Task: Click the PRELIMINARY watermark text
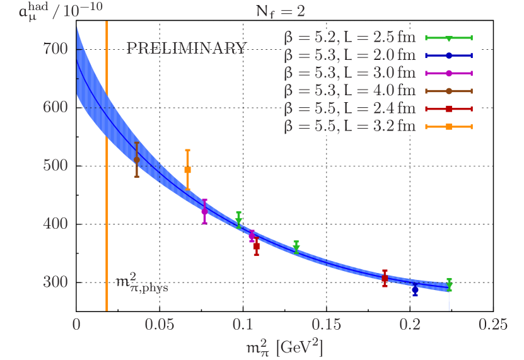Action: click(187, 48)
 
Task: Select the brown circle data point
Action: click(137, 160)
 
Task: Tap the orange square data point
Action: click(187, 170)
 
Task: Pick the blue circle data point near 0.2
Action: click(415, 288)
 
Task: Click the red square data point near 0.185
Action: click(385, 278)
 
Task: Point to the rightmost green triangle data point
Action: click(449, 286)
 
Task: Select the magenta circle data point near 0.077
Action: click(204, 212)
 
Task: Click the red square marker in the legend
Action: click(448, 109)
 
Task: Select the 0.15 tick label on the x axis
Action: click(325, 325)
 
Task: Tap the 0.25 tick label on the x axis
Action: click(492, 325)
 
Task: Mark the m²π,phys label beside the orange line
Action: click(143, 282)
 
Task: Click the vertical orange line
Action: click(107, 189)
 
